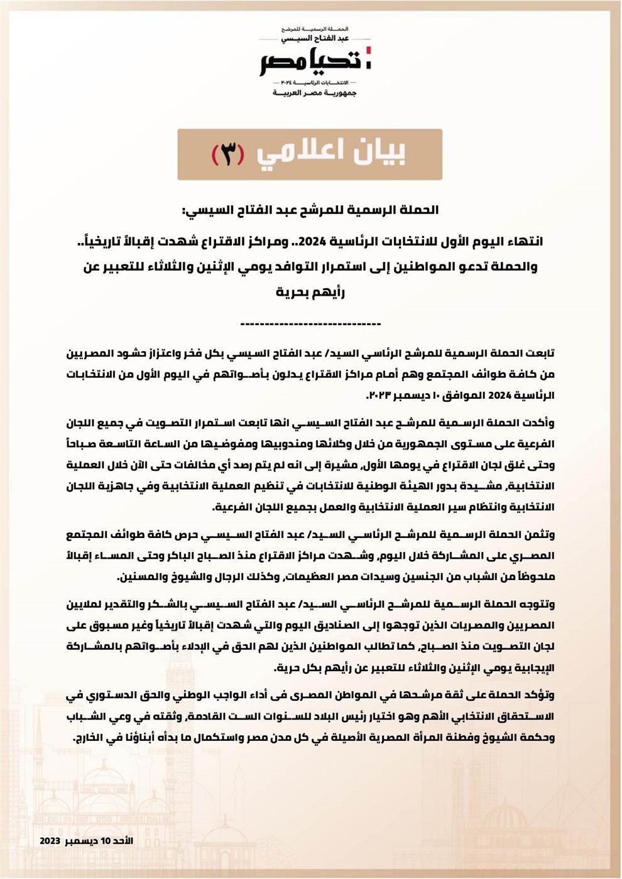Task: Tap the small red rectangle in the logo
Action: [369, 50]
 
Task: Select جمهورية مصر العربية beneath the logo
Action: [314, 93]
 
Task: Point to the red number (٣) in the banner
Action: [227, 154]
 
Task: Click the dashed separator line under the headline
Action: [310, 324]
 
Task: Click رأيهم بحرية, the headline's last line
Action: [310, 292]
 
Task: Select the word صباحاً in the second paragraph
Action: [84, 444]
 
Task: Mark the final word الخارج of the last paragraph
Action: [88, 738]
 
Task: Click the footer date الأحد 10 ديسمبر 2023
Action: [87, 841]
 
